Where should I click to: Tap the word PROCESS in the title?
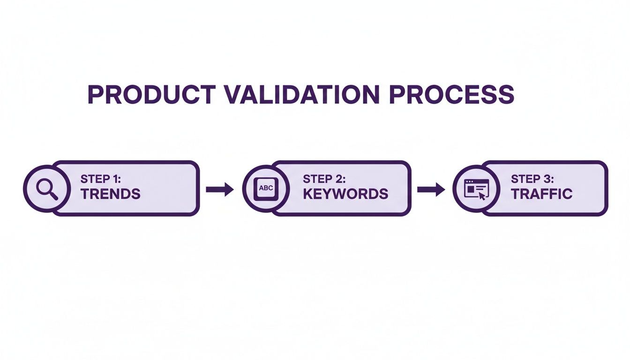coord(451,95)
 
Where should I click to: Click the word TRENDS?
coord(110,194)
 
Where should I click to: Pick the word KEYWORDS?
coord(345,194)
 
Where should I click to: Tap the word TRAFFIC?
coord(541,194)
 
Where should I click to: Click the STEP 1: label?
coord(100,179)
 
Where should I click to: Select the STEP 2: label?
coord(323,179)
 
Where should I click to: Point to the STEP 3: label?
coord(532,179)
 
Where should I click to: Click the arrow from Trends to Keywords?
coord(220,189)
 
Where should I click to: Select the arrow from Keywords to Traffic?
coord(431,189)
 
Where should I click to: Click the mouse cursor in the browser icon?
coord(481,195)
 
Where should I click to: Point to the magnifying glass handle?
coord(53,195)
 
